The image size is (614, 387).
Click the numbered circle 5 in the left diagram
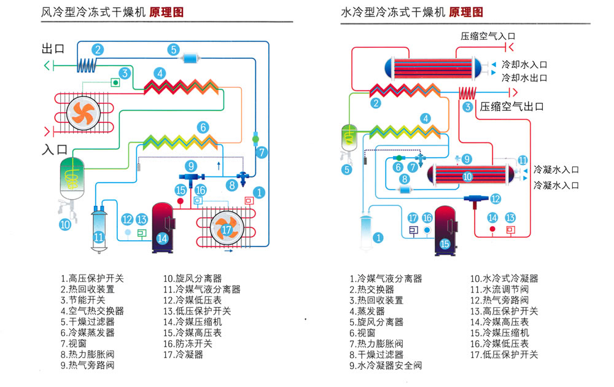[174, 50]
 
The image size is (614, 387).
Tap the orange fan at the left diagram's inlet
[82, 112]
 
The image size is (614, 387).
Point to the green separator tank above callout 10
[73, 175]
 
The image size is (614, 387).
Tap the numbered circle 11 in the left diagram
[99, 236]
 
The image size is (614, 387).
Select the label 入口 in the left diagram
[54, 149]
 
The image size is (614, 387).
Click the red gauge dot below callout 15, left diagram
[181, 201]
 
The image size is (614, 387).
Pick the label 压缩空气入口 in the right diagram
[488, 36]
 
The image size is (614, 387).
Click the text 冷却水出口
[524, 78]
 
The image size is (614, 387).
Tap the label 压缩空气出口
[512, 106]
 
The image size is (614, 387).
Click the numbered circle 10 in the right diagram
[468, 176]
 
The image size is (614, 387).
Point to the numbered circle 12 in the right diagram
[495, 198]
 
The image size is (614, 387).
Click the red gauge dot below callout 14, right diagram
[492, 229]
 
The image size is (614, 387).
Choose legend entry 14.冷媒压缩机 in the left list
[192, 321]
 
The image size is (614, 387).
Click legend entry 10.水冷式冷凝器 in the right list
[503, 278]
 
